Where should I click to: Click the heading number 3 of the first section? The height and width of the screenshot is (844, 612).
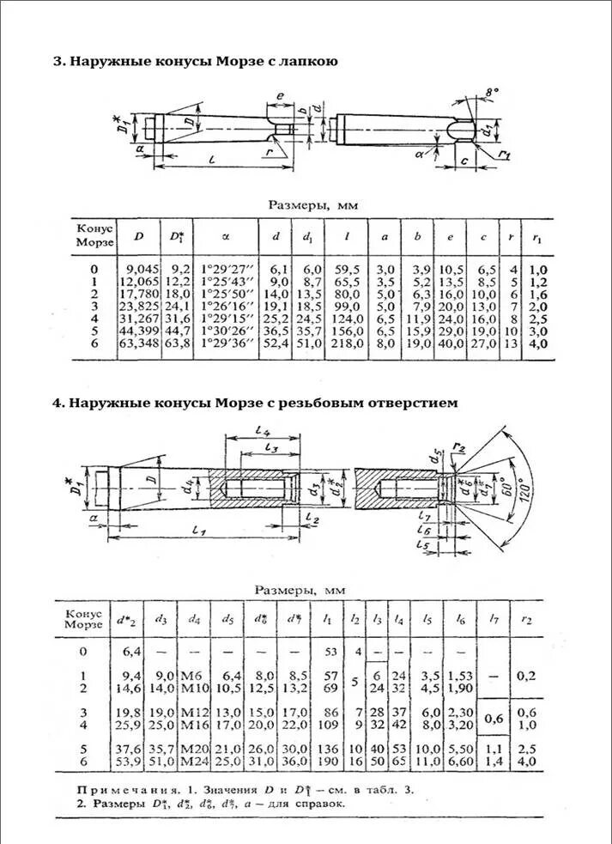[58, 62]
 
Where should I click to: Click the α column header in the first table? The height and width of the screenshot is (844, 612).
[226, 236]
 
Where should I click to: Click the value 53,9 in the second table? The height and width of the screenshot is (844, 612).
[128, 762]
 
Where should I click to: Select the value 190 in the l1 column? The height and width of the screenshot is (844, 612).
[329, 762]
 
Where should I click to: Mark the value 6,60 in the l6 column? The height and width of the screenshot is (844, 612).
[460, 762]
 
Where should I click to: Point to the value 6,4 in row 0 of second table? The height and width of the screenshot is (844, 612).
[131, 652]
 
